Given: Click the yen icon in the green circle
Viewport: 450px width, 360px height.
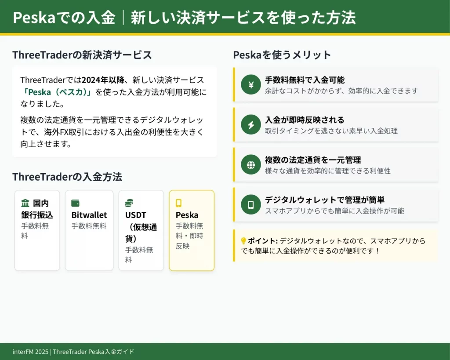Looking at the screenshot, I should [x=251, y=85].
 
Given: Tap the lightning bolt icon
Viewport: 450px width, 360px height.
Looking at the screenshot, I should [x=251, y=125].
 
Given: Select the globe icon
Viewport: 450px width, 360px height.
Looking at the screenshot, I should [x=251, y=165].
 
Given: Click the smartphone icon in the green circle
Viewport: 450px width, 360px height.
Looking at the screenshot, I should [x=251, y=205].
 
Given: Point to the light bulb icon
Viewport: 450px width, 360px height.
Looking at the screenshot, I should [x=243, y=241].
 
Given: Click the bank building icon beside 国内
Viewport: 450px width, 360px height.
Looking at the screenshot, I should [x=25, y=203].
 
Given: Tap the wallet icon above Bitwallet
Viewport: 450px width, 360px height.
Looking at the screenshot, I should [x=75, y=203].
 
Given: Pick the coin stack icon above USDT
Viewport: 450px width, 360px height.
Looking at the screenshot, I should [x=129, y=203].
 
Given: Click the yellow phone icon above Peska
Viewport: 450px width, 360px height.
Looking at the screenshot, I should [x=178, y=203].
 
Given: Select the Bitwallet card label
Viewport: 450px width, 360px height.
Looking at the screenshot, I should [x=89, y=215].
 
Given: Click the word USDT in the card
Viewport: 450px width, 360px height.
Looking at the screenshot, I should [x=136, y=215].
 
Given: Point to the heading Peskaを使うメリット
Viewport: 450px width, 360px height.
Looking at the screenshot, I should [x=282, y=55].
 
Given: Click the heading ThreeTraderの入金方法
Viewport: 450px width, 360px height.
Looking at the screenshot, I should [x=67, y=177].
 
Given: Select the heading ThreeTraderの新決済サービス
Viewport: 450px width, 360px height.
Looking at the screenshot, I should [x=82, y=55].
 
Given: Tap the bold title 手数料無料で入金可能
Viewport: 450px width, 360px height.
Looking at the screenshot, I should [x=305, y=80].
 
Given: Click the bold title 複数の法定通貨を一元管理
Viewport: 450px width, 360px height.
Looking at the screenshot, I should [x=313, y=160].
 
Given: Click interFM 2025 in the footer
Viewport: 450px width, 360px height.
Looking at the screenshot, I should [x=31, y=352].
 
